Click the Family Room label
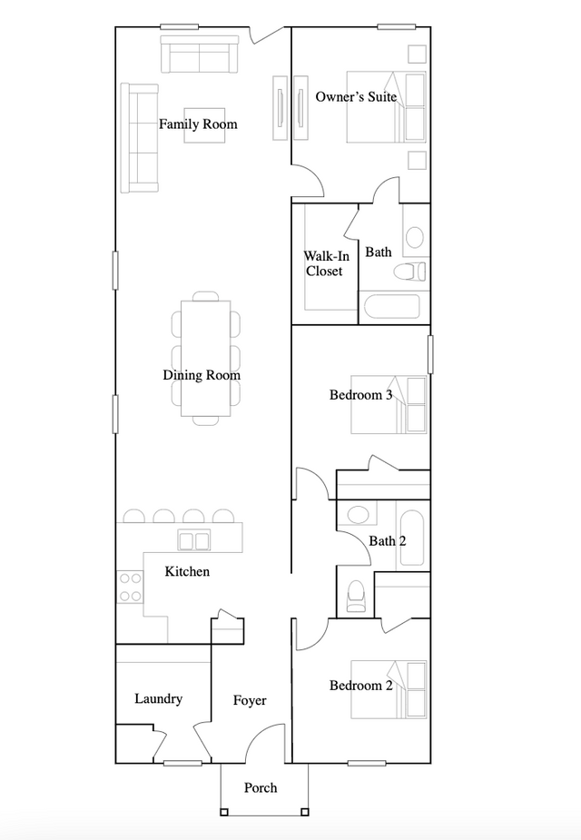[198, 124]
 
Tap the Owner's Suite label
[356, 96]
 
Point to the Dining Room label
[202, 375]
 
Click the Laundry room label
[158, 698]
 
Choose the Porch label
[261, 787]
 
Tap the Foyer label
[250, 700]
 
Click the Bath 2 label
[387, 540]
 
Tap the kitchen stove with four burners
[130, 587]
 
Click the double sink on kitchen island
[194, 540]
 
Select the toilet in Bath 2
[356, 595]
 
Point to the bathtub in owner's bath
[391, 307]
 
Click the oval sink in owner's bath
[414, 238]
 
